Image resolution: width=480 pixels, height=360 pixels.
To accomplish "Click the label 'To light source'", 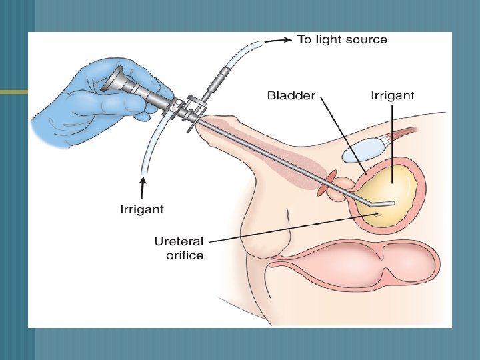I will pos(342,39).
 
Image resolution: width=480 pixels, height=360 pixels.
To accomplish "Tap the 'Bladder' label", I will pos(292,95).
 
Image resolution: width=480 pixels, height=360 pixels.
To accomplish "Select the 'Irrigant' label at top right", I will pos(392,95).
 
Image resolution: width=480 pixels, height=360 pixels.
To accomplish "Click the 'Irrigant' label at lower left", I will pos(142,209).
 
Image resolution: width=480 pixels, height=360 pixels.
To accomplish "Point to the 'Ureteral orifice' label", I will pos(179,248).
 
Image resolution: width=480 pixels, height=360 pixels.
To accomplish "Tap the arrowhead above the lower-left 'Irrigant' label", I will pos(142,180).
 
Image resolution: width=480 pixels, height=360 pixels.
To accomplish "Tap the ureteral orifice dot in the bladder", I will pos(378,214).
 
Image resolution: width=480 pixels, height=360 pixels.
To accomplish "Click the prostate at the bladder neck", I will pos(345,184).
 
